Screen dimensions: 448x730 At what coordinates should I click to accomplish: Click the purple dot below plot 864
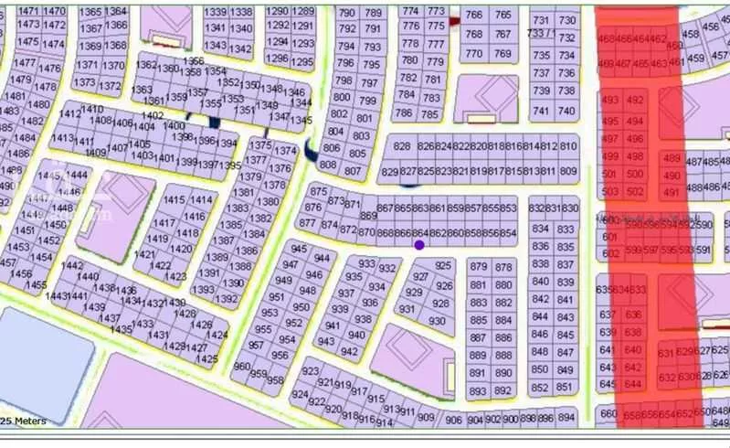coord(419,245)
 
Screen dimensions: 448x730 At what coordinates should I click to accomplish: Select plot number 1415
coord(174,200)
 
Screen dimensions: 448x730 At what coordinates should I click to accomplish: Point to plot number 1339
coord(216,12)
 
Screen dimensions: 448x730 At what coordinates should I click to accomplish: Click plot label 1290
coord(278,12)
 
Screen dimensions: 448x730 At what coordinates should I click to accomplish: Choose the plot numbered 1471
coord(29,11)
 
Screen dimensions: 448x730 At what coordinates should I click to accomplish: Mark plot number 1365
coord(90,12)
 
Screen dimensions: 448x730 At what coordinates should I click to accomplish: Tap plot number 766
coord(473,15)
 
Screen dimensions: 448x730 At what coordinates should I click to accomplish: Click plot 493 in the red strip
coord(611,101)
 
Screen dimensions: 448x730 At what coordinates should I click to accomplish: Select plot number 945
coord(298,249)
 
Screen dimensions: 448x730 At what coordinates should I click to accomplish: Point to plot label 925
coord(443,266)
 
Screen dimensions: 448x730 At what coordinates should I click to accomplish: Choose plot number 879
coord(478,266)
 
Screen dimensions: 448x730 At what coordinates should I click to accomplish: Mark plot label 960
coord(242,367)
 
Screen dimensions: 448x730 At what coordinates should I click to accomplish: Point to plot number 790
coord(347,13)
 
